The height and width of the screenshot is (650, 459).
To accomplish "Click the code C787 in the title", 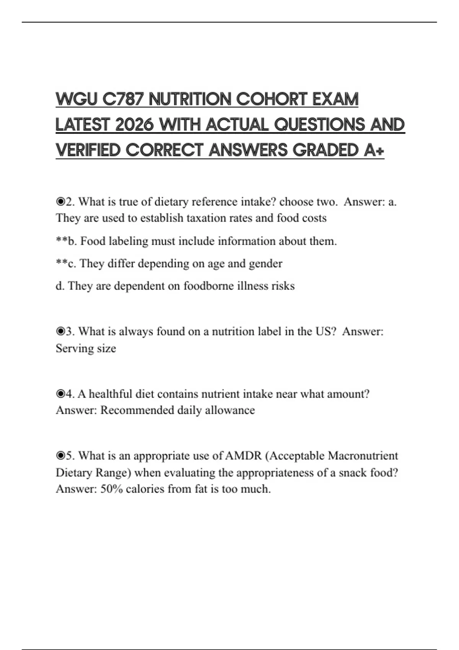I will pyautogui.click(x=123, y=99).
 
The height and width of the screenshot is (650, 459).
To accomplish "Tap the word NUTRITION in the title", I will pyautogui.click(x=190, y=99).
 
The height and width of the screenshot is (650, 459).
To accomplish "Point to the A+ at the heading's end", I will pyautogui.click(x=374, y=150).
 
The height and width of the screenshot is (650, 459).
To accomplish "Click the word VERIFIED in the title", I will pyautogui.click(x=88, y=150).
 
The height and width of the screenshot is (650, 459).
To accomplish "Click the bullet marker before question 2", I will pyautogui.click(x=60, y=201).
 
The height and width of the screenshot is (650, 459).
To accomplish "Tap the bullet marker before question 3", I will pyautogui.click(x=60, y=331).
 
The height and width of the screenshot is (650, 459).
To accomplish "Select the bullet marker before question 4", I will pyautogui.click(x=60, y=394).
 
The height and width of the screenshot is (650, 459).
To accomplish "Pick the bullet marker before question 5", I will pyautogui.click(x=60, y=456).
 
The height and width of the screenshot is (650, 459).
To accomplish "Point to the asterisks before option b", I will pyautogui.click(x=62, y=241).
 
